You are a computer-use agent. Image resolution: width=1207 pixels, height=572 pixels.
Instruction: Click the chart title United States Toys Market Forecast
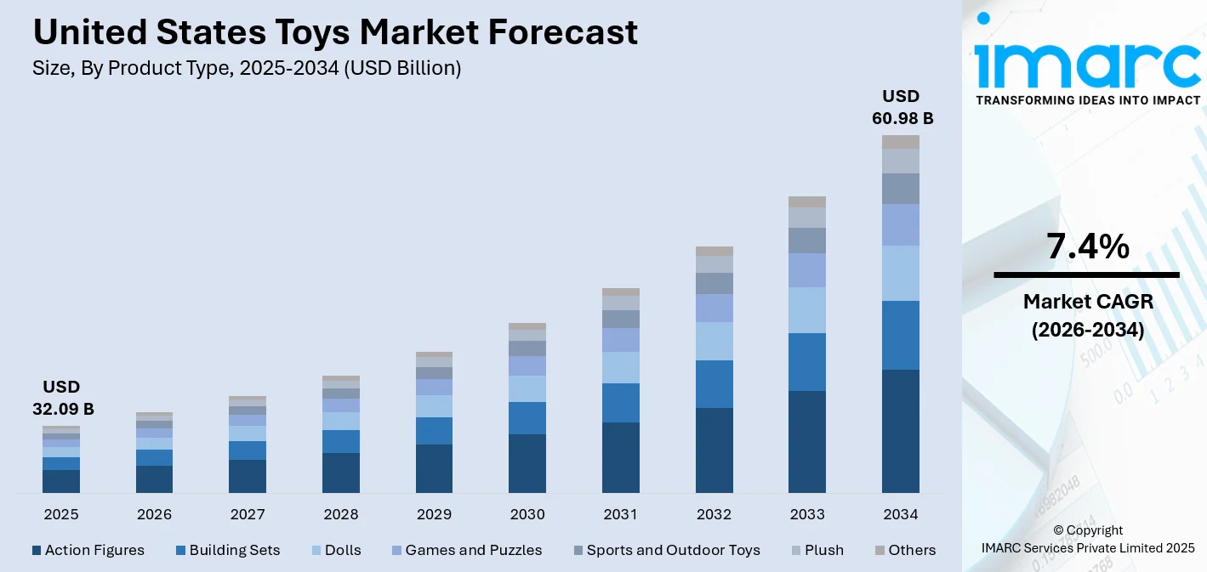coord(334,32)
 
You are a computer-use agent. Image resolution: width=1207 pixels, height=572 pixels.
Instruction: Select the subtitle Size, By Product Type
coord(247,69)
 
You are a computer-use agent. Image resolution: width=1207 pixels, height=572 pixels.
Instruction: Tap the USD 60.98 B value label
coord(902,107)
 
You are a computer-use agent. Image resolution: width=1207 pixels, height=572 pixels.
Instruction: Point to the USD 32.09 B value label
coord(63,398)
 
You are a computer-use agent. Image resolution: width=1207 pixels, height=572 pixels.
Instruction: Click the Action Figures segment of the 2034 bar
coord(900,431)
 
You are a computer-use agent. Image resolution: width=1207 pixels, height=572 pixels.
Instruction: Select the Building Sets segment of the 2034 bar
coord(900,335)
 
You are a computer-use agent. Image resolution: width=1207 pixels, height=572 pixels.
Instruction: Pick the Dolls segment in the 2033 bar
coord(806,310)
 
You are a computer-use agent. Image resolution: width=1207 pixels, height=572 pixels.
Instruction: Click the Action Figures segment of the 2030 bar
coord(527,463)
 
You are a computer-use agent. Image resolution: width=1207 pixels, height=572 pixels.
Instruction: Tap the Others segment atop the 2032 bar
coord(714,251)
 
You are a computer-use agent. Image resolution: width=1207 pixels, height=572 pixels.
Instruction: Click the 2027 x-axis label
coord(248,514)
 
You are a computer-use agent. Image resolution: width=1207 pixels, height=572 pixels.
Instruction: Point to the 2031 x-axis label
coord(620,514)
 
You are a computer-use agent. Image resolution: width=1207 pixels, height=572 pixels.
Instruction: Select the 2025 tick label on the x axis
coord(61,514)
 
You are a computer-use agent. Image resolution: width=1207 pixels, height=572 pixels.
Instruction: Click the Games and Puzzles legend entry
coord(473,550)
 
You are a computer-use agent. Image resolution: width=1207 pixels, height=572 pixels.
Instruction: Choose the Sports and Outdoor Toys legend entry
coord(673,550)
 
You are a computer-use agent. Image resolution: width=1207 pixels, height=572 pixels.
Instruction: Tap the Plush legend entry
coord(823,550)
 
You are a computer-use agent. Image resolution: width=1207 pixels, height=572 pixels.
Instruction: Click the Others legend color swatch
coord(880,550)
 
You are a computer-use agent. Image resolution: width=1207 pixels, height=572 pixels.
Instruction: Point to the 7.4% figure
coord(1087,246)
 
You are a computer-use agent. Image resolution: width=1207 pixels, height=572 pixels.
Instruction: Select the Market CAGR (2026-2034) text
coord(1087,315)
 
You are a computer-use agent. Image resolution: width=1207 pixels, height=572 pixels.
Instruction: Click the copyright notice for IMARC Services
coord(1087,539)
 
